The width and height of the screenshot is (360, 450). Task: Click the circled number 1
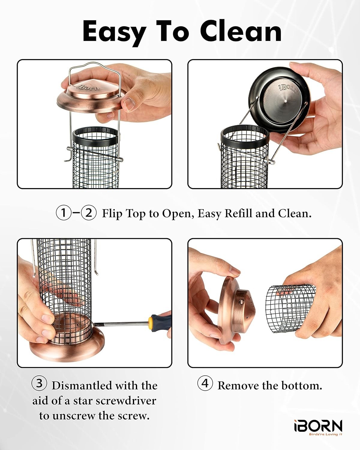click(64, 213)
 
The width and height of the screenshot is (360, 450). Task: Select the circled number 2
click(89, 213)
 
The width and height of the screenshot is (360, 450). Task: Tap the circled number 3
click(39, 384)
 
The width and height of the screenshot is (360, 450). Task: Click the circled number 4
click(205, 383)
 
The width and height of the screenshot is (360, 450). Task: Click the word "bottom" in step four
click(301, 385)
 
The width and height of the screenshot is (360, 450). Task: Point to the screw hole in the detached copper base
click(241, 302)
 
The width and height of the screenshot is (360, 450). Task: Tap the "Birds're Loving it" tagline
click(326, 434)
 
